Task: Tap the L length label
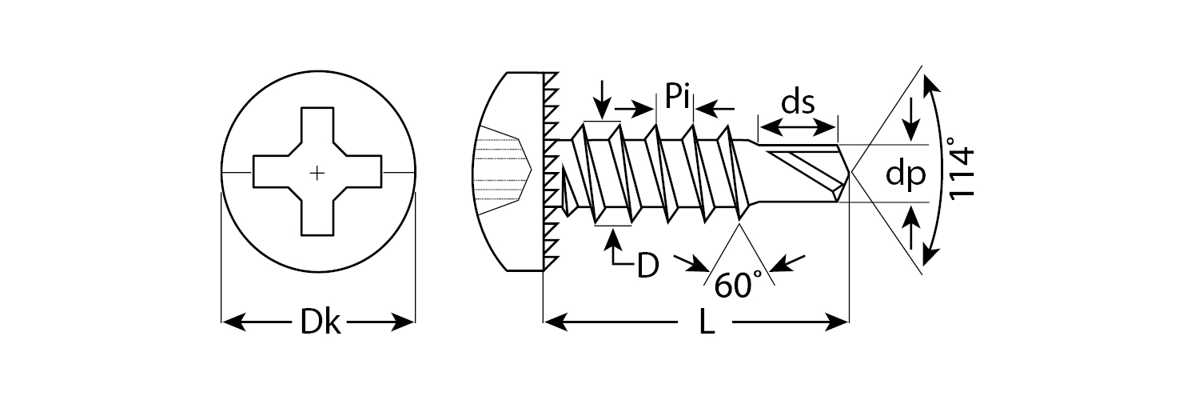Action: pos(706,323)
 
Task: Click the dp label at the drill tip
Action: pos(905,174)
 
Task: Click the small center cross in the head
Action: pos(317,172)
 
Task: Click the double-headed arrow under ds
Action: pos(798,126)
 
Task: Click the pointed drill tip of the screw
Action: pos(850,172)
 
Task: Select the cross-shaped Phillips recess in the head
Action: pos(317,172)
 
